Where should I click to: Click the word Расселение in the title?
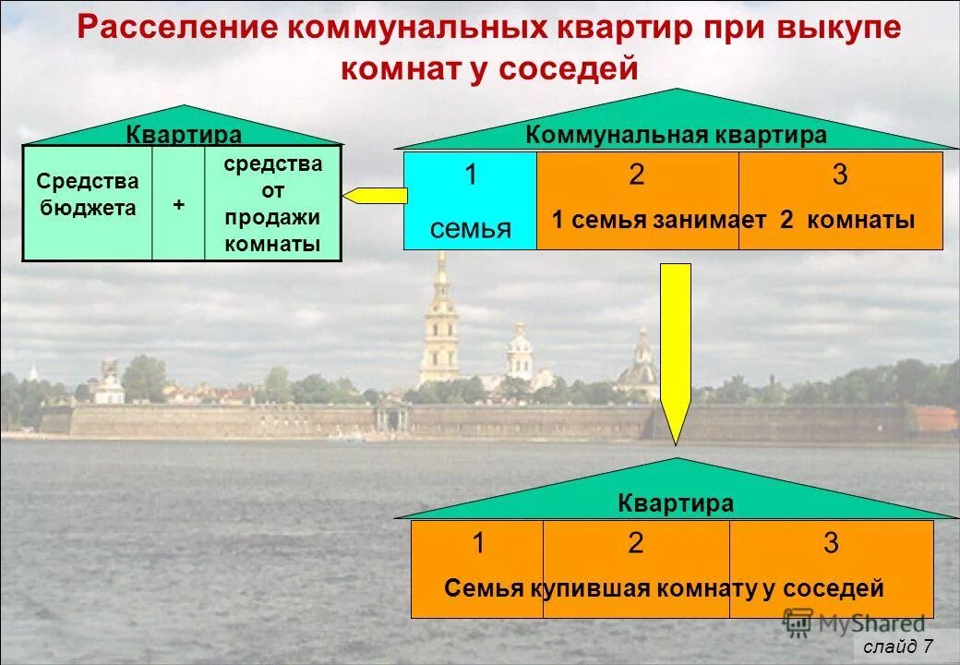[x=176, y=28]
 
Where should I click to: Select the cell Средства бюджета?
[x=87, y=195]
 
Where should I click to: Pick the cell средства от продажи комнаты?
[x=272, y=204]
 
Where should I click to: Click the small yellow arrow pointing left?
[x=375, y=196]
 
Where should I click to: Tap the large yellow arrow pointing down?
[x=676, y=351]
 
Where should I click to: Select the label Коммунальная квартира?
[x=677, y=135]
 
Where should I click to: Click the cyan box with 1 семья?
[x=470, y=200]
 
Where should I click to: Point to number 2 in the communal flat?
[x=636, y=175]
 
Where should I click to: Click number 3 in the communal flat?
[x=840, y=175]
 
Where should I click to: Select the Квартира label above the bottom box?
[x=676, y=503]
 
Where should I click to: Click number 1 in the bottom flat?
[x=478, y=543]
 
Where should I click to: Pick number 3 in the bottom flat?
[x=831, y=543]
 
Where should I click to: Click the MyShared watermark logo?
[x=853, y=623]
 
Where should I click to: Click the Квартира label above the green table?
[x=184, y=135]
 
